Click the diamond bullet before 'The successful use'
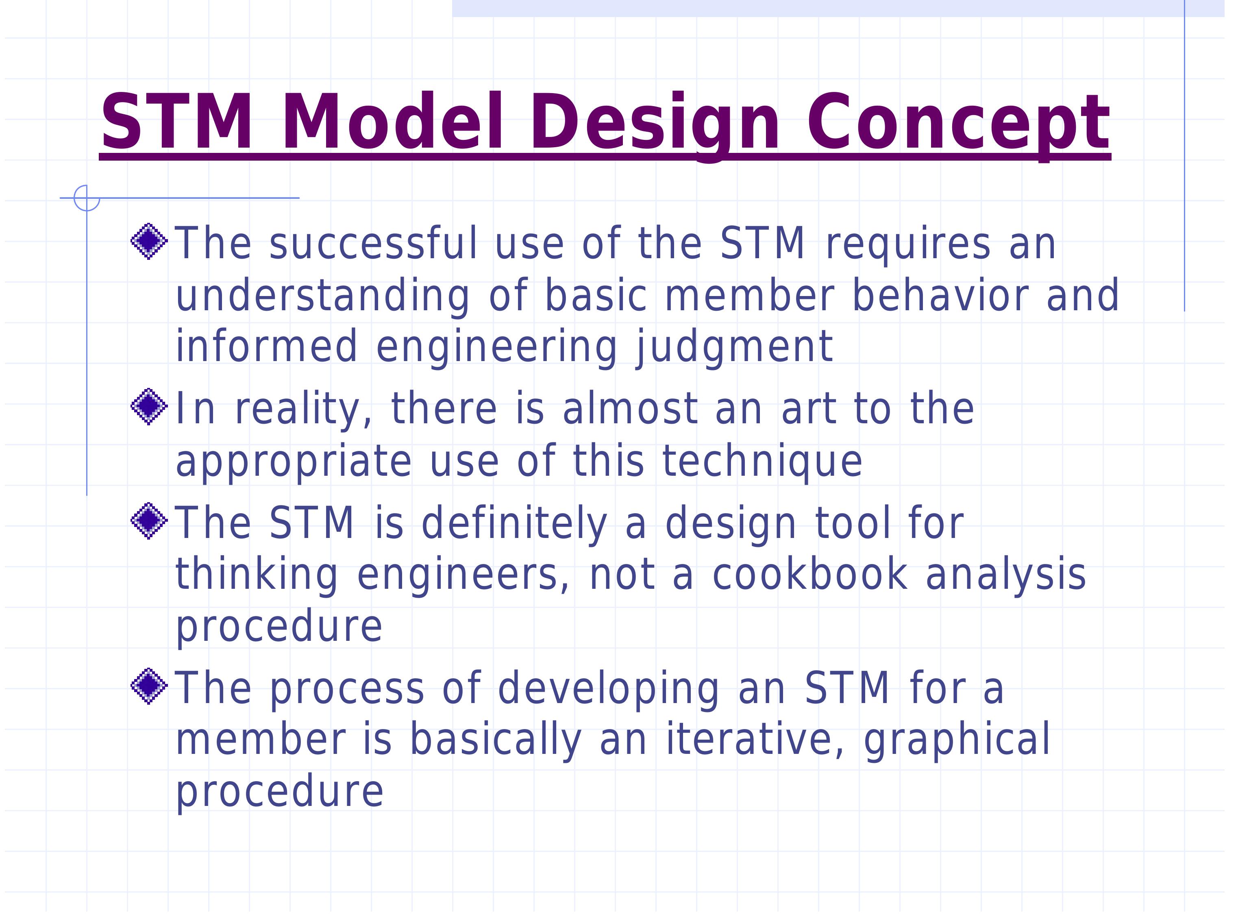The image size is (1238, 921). pos(149,242)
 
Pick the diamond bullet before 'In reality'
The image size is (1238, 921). pos(149,407)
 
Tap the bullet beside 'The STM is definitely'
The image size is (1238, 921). pos(149,521)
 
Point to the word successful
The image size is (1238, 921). pos(373,243)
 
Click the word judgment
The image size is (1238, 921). pos(734,347)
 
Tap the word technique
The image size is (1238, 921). pos(762,461)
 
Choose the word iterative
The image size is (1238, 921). pos(754,739)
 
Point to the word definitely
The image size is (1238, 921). pos(513,523)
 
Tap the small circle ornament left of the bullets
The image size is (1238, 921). pos(87,198)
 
